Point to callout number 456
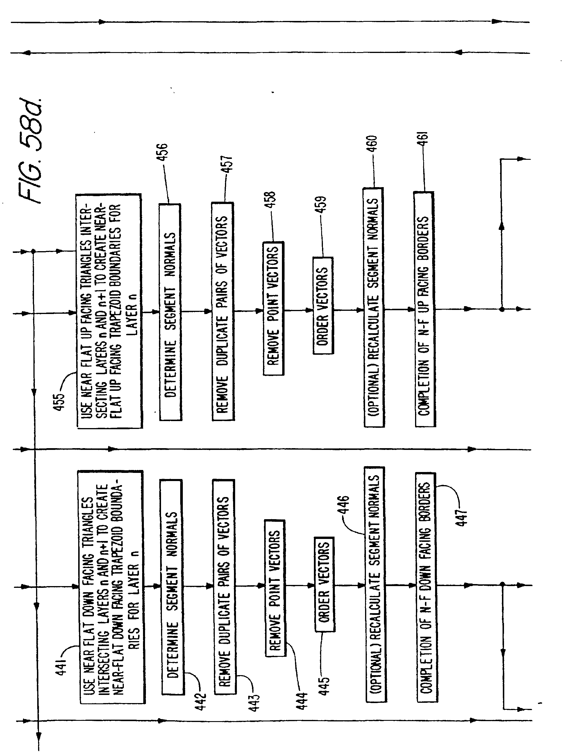pos(164,152)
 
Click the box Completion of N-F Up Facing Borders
pos(424,309)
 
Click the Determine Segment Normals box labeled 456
pos(170,312)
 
